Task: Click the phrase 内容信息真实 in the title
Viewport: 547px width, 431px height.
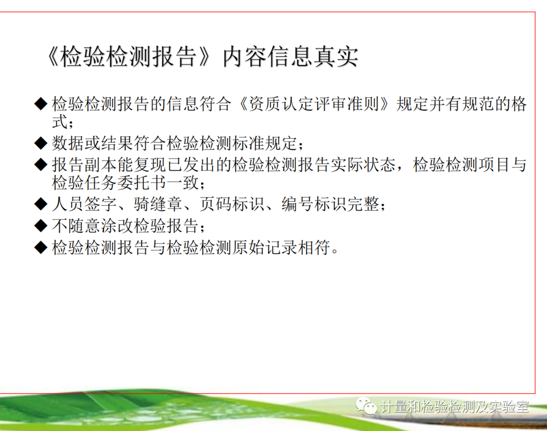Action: coord(290,57)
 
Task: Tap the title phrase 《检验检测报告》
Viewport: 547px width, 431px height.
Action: coord(129,57)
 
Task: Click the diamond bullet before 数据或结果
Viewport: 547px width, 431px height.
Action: coord(41,143)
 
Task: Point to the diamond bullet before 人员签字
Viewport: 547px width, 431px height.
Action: coord(41,204)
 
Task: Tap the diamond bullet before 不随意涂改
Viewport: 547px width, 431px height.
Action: coord(41,225)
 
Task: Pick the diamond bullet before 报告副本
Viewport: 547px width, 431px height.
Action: coord(41,165)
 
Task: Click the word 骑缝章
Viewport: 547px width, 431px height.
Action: coord(158,204)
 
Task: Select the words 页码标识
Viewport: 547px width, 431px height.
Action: coord(232,204)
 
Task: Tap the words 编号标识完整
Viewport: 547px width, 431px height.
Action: coord(330,204)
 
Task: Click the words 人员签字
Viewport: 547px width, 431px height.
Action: coord(85,204)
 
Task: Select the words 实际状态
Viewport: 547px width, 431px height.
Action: coord(363,165)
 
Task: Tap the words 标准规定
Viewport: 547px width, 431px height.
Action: coord(265,143)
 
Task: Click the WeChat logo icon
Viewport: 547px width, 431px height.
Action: coord(366,406)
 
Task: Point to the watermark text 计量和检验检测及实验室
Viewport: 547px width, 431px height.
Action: coord(454,407)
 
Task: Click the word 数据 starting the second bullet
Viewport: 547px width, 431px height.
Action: coord(68,143)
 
